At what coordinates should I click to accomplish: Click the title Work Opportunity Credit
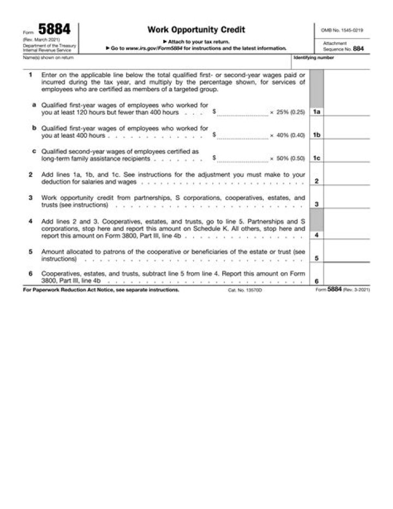coord(196,30)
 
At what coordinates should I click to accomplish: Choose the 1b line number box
coord(317,134)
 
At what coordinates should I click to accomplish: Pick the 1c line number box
coord(317,158)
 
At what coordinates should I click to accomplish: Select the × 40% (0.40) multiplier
coord(287,134)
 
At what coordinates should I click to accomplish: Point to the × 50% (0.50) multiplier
coord(287,158)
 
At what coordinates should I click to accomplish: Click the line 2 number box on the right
coord(317,181)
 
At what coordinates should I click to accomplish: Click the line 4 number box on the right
coord(317,235)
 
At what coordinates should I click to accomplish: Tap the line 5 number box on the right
coord(317,258)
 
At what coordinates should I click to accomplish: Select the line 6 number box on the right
coord(317,280)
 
